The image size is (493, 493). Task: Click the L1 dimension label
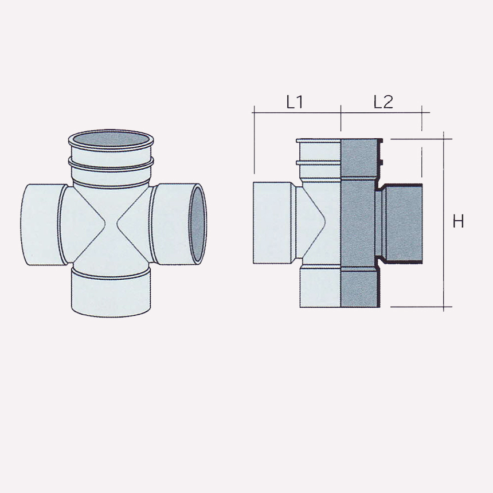(295, 102)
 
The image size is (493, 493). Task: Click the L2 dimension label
(383, 102)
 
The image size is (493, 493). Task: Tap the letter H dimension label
(457, 222)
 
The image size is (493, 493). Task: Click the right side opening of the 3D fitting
(198, 224)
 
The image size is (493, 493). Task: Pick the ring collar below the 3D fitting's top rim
(111, 165)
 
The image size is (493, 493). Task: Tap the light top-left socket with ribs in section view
(319, 158)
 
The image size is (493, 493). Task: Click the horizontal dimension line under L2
(381, 113)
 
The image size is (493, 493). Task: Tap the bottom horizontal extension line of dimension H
(421, 307)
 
